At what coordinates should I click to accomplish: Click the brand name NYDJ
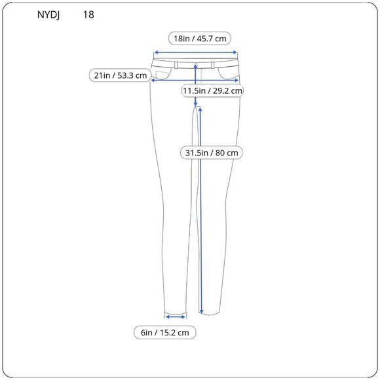pyautogui.click(x=50, y=14)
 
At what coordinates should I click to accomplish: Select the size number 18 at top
pyautogui.click(x=88, y=14)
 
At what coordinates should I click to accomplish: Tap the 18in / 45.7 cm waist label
pyautogui.click(x=200, y=39)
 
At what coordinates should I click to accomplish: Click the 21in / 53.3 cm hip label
pyautogui.click(x=120, y=75)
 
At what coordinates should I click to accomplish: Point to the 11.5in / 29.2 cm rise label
pyautogui.click(x=212, y=90)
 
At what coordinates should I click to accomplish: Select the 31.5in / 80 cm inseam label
pyautogui.click(x=212, y=153)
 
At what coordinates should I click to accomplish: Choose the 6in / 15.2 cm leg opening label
pyautogui.click(x=164, y=333)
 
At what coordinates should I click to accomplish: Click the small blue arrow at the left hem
pyautogui.click(x=176, y=316)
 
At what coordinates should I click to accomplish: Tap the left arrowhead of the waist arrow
pyautogui.click(x=155, y=54)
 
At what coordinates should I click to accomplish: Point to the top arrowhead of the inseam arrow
pyautogui.click(x=200, y=110)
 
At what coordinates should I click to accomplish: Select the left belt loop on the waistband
pyautogui.click(x=175, y=65)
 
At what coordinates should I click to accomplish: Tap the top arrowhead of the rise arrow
pyautogui.click(x=196, y=66)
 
